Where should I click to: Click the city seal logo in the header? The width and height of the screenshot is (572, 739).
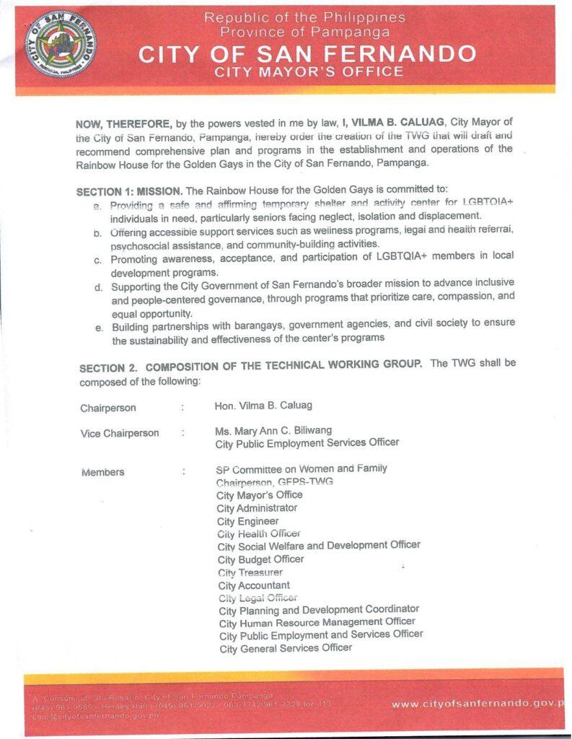[x=59, y=44]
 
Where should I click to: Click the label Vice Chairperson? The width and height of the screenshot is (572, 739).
[x=120, y=434]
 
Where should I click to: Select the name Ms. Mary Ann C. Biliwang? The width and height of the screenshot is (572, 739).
[x=273, y=431]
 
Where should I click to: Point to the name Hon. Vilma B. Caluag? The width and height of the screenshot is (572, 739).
[x=263, y=406]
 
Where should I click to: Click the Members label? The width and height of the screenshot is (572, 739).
[x=102, y=473]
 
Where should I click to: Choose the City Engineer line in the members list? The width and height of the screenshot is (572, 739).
[x=247, y=521]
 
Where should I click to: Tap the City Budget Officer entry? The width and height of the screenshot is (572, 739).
[x=260, y=559]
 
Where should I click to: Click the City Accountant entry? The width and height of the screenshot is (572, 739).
[x=254, y=585]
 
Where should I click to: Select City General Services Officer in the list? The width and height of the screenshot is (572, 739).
[x=286, y=648]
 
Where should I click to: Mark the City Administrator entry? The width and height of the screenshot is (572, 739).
[x=257, y=508]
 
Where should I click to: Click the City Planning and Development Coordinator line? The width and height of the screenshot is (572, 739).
[x=319, y=610]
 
